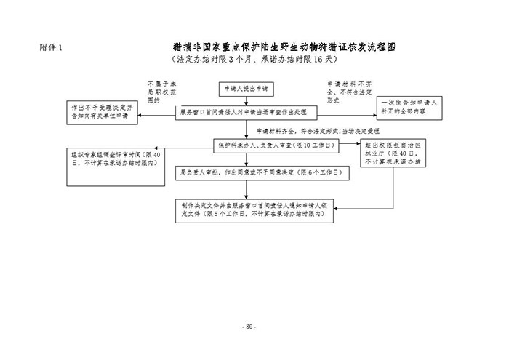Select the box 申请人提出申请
click(x=246, y=88)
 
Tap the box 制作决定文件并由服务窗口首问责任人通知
click(x=252, y=210)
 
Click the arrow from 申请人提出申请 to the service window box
click(x=246, y=100)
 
